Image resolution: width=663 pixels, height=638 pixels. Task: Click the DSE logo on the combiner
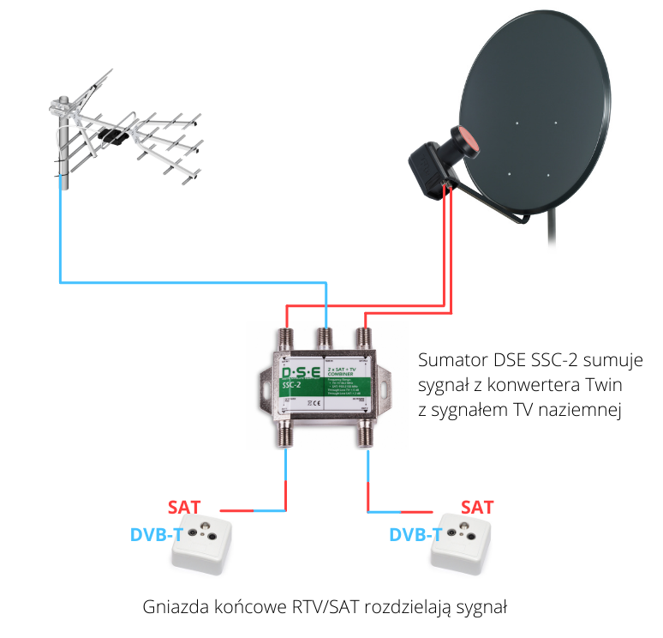[x=297, y=372]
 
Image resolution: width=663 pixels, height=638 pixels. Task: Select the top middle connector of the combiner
[x=325, y=334]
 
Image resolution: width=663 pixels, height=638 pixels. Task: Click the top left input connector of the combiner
[x=285, y=334]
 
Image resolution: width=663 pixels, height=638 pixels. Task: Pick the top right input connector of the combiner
[x=364, y=335]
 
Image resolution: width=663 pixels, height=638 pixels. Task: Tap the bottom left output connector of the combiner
[x=285, y=436]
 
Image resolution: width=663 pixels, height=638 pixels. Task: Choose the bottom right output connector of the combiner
[x=366, y=435]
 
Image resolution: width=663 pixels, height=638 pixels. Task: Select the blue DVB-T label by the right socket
[x=415, y=535]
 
